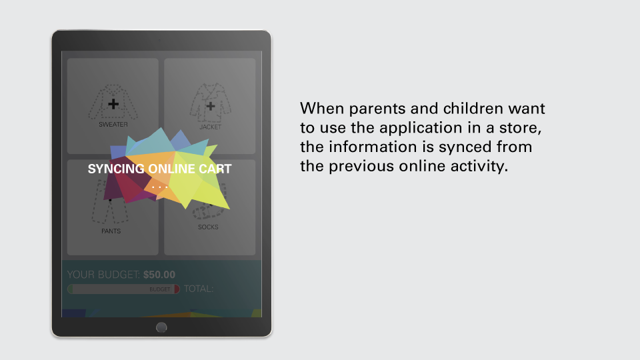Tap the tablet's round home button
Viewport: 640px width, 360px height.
point(161,327)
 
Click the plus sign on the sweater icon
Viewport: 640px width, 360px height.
point(113,104)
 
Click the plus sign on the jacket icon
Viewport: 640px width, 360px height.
point(210,107)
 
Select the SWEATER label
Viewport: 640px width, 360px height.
point(113,125)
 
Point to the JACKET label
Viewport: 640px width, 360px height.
point(210,127)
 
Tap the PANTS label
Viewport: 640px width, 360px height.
point(111,231)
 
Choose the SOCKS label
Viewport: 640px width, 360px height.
point(208,227)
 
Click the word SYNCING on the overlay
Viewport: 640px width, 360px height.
point(116,169)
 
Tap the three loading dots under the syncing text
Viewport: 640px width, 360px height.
point(159,187)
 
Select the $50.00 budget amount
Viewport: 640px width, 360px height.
point(159,275)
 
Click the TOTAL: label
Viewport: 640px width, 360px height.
point(199,289)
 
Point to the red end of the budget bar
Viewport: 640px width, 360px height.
point(177,289)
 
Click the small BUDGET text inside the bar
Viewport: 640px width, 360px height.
point(159,289)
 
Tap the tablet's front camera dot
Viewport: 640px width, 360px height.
point(159,41)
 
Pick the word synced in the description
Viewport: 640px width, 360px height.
point(465,147)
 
